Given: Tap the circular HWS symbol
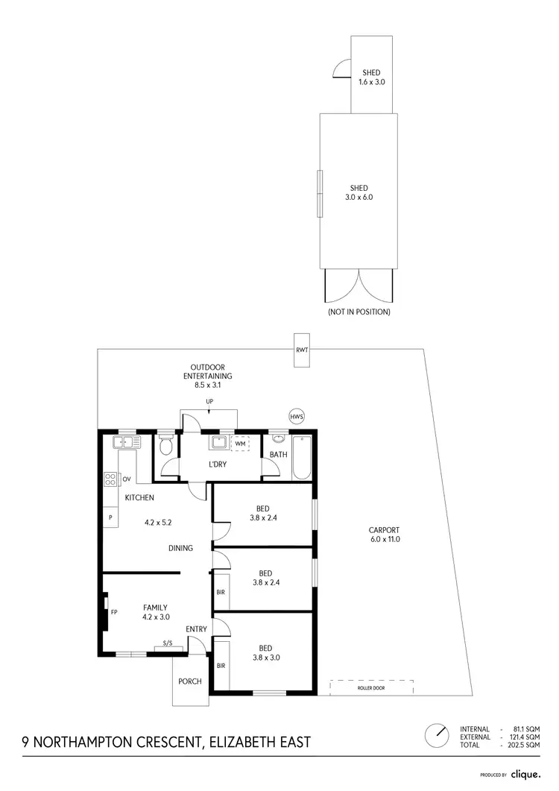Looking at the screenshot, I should (297, 416).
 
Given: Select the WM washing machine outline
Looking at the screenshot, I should (240, 444).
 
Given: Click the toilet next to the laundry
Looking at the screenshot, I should (165, 446).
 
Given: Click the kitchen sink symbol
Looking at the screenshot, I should (126, 443).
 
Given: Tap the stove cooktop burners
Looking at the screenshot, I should (110, 478).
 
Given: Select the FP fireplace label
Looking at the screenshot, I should (114, 612).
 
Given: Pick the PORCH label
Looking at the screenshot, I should (190, 681).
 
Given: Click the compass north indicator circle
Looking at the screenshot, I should (436, 734).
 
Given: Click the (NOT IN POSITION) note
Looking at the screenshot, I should (359, 312).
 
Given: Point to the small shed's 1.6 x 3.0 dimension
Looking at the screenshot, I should (371, 81).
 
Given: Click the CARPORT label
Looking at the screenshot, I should (385, 530).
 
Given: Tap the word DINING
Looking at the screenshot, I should (180, 548).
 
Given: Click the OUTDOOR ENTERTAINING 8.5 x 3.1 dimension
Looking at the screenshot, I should (206, 385).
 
